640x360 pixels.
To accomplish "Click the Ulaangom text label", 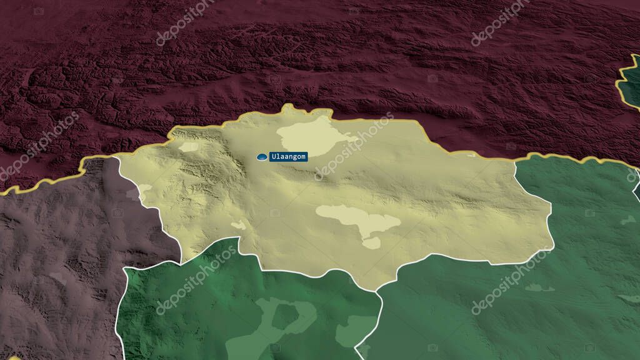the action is click(x=288, y=157).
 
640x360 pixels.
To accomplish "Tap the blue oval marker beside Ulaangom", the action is click(x=262, y=157).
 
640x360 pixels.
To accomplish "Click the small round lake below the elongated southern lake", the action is click(x=372, y=242).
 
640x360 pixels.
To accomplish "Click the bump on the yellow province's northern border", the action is click(x=288, y=110).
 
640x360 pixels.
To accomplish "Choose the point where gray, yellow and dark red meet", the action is click(x=119, y=157).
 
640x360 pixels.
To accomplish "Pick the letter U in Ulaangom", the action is click(x=273, y=157).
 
